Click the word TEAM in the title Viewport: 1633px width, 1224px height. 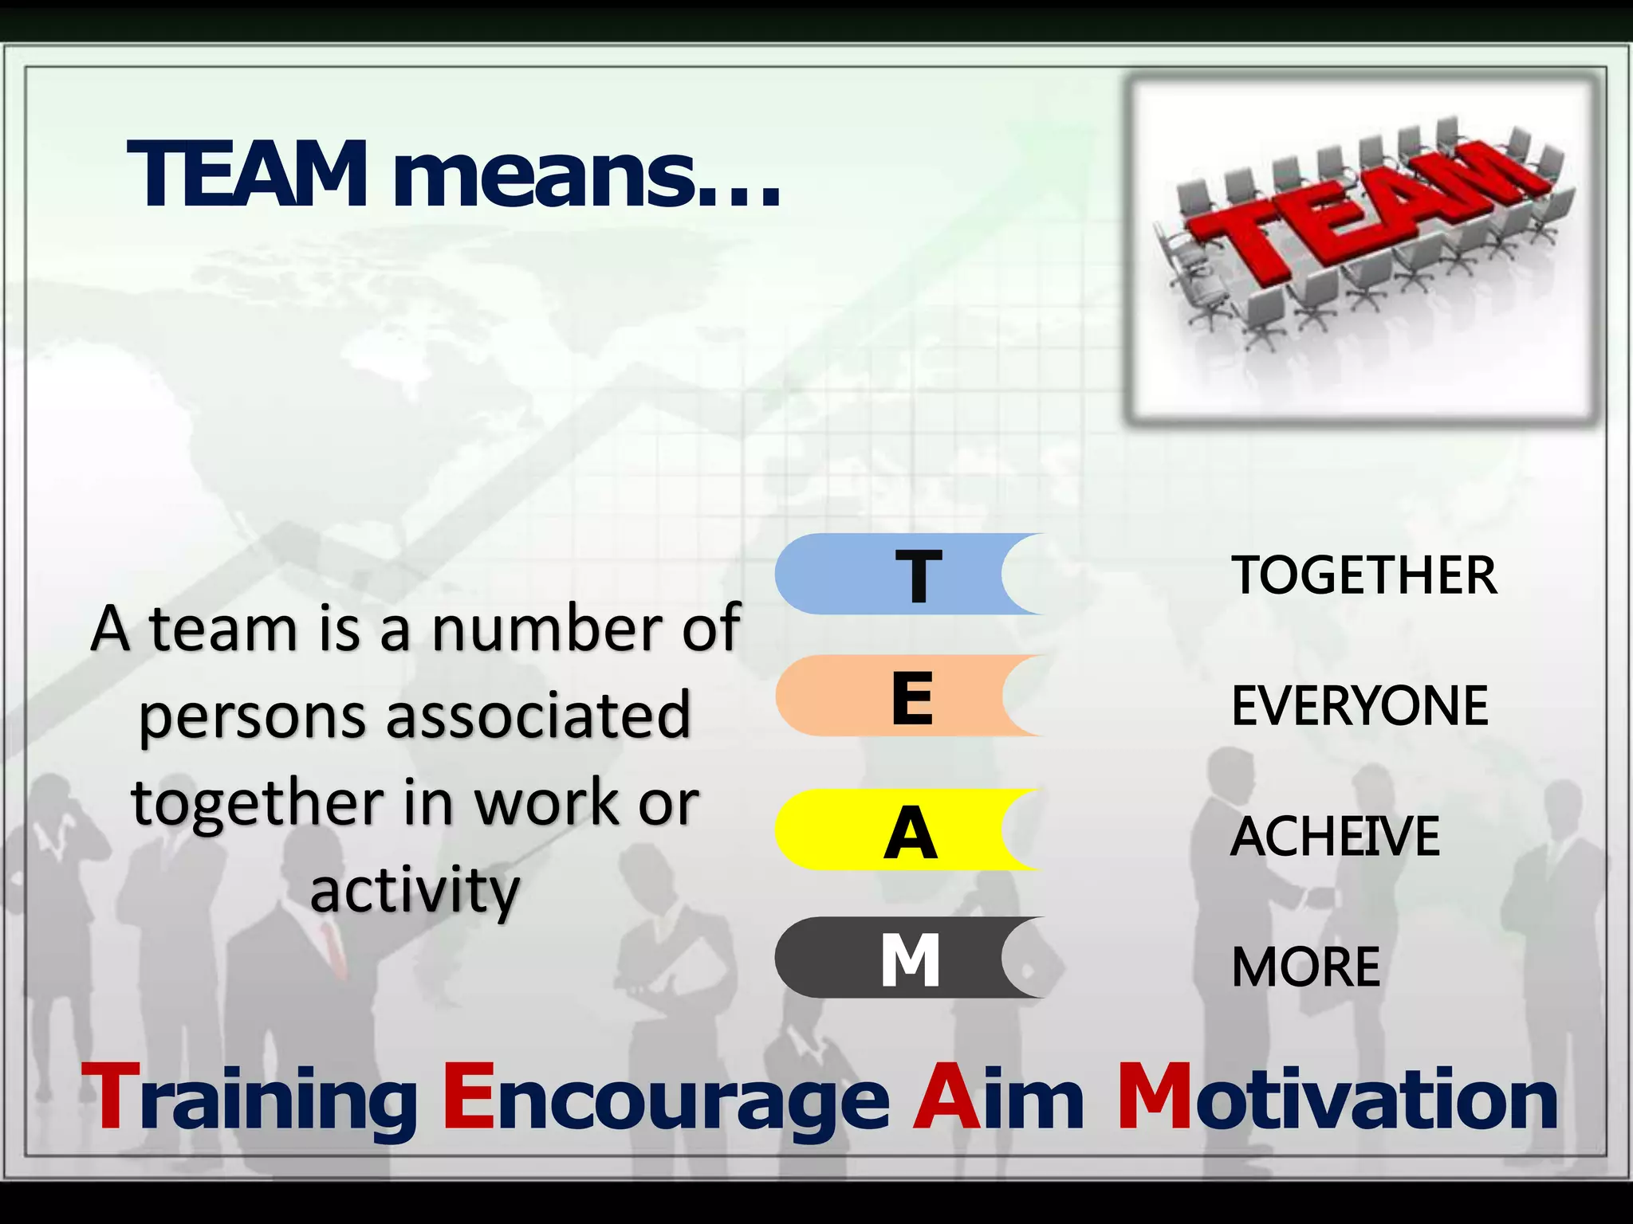pos(247,175)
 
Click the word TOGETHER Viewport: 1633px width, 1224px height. pos(1364,575)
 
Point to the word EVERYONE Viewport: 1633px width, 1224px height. pos(1360,706)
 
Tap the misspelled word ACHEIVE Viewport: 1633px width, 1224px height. pos(1336,837)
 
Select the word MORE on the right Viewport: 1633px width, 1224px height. pos(1306,967)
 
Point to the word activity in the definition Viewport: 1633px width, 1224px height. pos(415,891)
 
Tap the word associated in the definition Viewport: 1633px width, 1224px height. pos(539,715)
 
